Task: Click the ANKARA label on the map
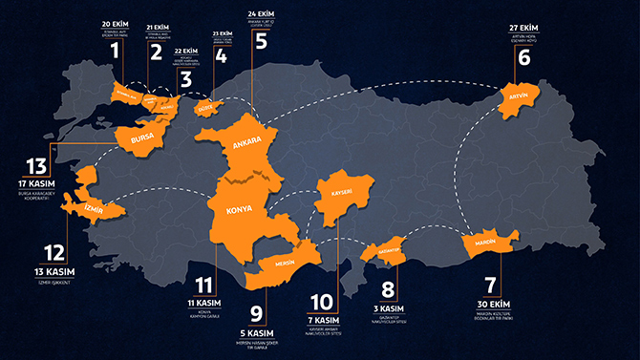[243, 146]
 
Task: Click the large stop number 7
[490, 286]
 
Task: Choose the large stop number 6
[523, 55]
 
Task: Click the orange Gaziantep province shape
[384, 250]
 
